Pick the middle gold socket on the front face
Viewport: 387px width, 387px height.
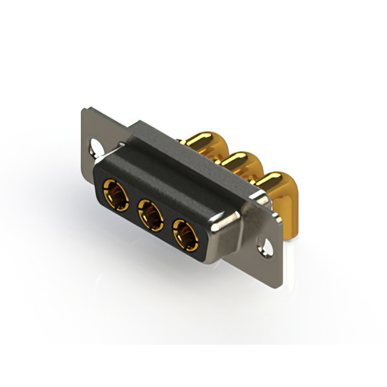pyautogui.click(x=150, y=214)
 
